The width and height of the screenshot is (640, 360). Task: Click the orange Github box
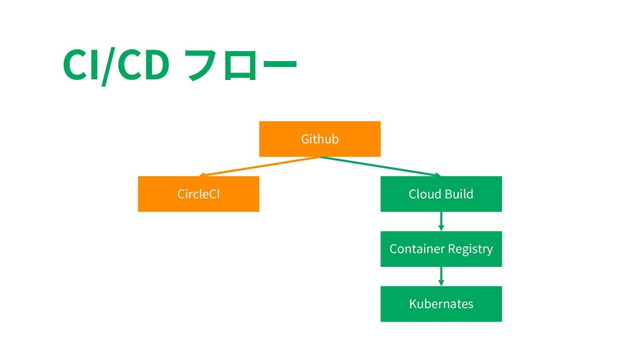(x=320, y=139)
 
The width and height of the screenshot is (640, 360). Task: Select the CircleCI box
(x=199, y=194)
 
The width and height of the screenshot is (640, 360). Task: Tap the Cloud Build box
(x=441, y=194)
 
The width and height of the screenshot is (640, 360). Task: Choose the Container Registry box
(x=441, y=249)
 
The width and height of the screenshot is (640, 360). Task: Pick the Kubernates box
(x=441, y=304)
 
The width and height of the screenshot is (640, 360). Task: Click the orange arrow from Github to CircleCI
(x=259, y=166)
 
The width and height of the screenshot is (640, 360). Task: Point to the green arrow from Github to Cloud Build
(x=381, y=166)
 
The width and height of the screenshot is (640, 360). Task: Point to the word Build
(x=459, y=194)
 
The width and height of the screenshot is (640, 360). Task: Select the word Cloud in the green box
(x=425, y=194)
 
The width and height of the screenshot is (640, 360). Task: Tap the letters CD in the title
(x=143, y=64)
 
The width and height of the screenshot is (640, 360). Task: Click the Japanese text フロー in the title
(x=241, y=64)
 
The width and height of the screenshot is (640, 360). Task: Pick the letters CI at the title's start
(x=81, y=64)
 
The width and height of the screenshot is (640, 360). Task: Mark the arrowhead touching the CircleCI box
(x=202, y=175)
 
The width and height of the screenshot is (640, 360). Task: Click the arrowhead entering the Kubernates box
(x=441, y=283)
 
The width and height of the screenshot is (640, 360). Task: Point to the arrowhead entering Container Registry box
(x=441, y=227)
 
